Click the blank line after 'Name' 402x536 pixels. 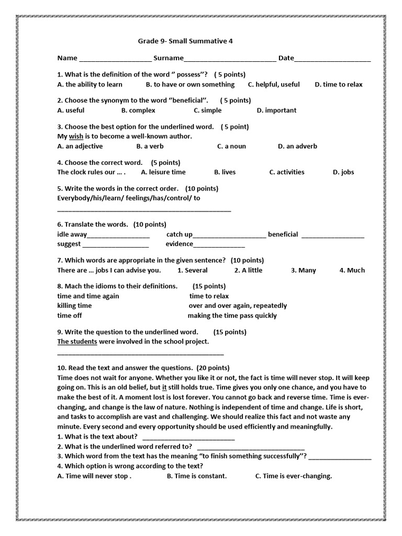(x=115, y=60)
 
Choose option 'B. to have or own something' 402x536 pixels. (x=190, y=84)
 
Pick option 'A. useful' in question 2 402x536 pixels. (x=71, y=110)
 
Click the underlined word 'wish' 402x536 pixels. (x=76, y=136)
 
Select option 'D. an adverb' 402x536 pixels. (x=297, y=146)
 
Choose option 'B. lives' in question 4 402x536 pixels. (x=225, y=172)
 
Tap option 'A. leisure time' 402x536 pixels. (x=163, y=172)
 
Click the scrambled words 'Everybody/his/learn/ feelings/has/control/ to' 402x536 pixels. (x=129, y=198)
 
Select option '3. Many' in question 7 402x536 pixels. (x=303, y=271)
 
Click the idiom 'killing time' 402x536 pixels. (x=74, y=306)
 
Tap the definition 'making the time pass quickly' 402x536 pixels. (x=232, y=316)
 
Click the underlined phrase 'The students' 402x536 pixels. (x=77, y=342)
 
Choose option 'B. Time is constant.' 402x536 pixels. (x=197, y=476)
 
